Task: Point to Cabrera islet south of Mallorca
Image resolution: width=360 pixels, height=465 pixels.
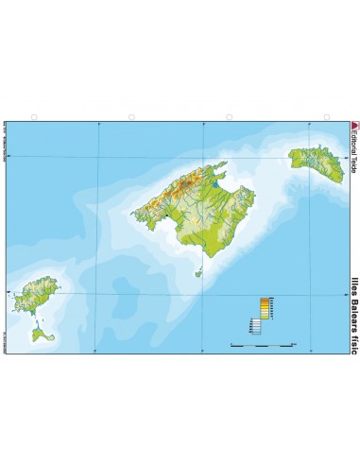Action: coord(199,272)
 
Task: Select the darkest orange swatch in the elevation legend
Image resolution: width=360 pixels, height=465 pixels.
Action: coord(265,301)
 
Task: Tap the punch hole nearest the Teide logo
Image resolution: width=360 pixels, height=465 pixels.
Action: coord(327,117)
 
